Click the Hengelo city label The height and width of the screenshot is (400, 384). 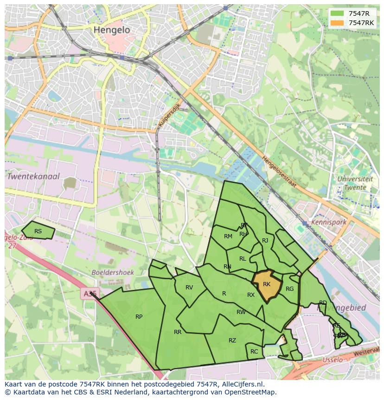tap(112, 30)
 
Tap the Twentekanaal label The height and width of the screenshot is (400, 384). tap(33, 177)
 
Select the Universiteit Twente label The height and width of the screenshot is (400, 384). tap(355, 183)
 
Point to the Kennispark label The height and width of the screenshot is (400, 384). tap(329, 222)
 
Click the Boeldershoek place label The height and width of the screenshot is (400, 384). tap(113, 273)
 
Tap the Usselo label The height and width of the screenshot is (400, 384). tap(332, 360)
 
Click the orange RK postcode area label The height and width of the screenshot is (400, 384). tap(267, 284)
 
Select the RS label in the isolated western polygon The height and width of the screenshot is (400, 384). tap(38, 231)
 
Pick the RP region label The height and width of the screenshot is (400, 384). tap(139, 317)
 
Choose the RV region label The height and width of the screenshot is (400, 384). tap(189, 288)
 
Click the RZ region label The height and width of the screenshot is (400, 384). tap(232, 341)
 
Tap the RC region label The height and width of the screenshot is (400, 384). tap(254, 352)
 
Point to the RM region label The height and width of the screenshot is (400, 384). tap(228, 236)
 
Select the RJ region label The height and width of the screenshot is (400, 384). tap(265, 241)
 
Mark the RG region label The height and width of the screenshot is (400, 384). tap(290, 289)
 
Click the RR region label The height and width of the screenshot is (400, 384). tap(178, 332)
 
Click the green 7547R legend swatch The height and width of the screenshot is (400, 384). tap(337, 13)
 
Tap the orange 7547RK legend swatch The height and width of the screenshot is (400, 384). tap(337, 23)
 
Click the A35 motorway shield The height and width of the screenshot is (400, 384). tap(89, 294)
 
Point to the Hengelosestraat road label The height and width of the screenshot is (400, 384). tap(279, 171)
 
